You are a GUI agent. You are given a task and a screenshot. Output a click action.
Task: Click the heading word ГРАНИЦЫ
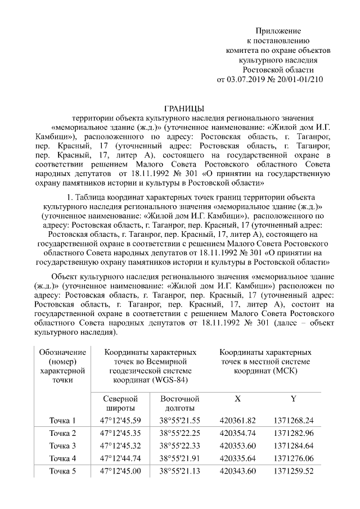click(181, 108)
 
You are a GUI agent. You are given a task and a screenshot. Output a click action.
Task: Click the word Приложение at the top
click(278, 30)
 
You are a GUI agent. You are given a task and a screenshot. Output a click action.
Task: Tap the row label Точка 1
click(62, 420)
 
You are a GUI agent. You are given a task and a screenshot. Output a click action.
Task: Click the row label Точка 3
click(62, 445)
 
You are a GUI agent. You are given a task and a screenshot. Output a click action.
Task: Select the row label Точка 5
click(62, 471)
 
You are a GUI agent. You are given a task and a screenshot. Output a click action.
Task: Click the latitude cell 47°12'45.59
click(120, 420)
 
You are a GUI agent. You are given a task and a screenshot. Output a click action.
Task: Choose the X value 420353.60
click(238, 445)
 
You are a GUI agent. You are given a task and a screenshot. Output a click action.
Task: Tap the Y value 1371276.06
click(294, 458)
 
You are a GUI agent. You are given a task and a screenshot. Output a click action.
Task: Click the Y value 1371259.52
click(294, 471)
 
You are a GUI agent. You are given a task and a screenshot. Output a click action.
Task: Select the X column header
click(237, 398)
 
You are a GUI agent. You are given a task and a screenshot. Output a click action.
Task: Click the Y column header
click(293, 398)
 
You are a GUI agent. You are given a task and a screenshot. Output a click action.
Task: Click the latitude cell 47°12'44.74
click(120, 458)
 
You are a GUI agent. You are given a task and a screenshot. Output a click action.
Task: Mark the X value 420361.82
click(238, 420)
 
